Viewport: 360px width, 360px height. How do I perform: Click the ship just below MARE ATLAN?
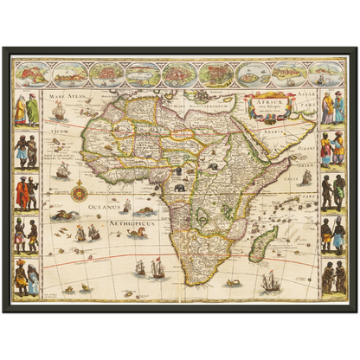click(58, 111)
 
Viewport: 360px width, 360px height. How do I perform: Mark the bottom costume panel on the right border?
click(332, 276)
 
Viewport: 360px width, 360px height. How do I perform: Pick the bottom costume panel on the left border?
click(27, 276)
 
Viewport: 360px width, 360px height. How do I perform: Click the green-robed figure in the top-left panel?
click(32, 109)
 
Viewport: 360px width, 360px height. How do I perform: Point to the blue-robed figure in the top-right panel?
click(326, 108)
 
